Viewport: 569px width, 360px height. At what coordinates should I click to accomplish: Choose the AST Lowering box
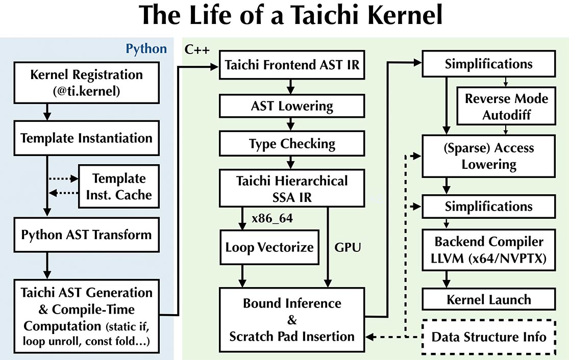pyautogui.click(x=291, y=107)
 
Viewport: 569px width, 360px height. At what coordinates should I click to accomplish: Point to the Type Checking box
pyautogui.click(x=291, y=144)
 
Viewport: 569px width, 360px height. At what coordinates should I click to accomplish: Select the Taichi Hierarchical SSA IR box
pyautogui.click(x=291, y=189)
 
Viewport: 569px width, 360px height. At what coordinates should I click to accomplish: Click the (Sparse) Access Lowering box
pyautogui.click(x=488, y=156)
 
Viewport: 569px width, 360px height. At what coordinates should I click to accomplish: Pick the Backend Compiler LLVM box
pyautogui.click(x=488, y=250)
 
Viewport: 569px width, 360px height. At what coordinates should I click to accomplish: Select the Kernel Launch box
pyautogui.click(x=488, y=299)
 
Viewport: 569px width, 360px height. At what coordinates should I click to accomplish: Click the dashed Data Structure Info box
pyautogui.click(x=488, y=337)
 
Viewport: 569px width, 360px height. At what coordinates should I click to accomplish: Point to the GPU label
pyautogui.click(x=348, y=248)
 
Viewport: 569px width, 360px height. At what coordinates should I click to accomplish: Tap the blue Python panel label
pyautogui.click(x=146, y=49)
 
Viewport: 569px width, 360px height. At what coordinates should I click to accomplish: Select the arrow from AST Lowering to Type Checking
pyautogui.click(x=291, y=124)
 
